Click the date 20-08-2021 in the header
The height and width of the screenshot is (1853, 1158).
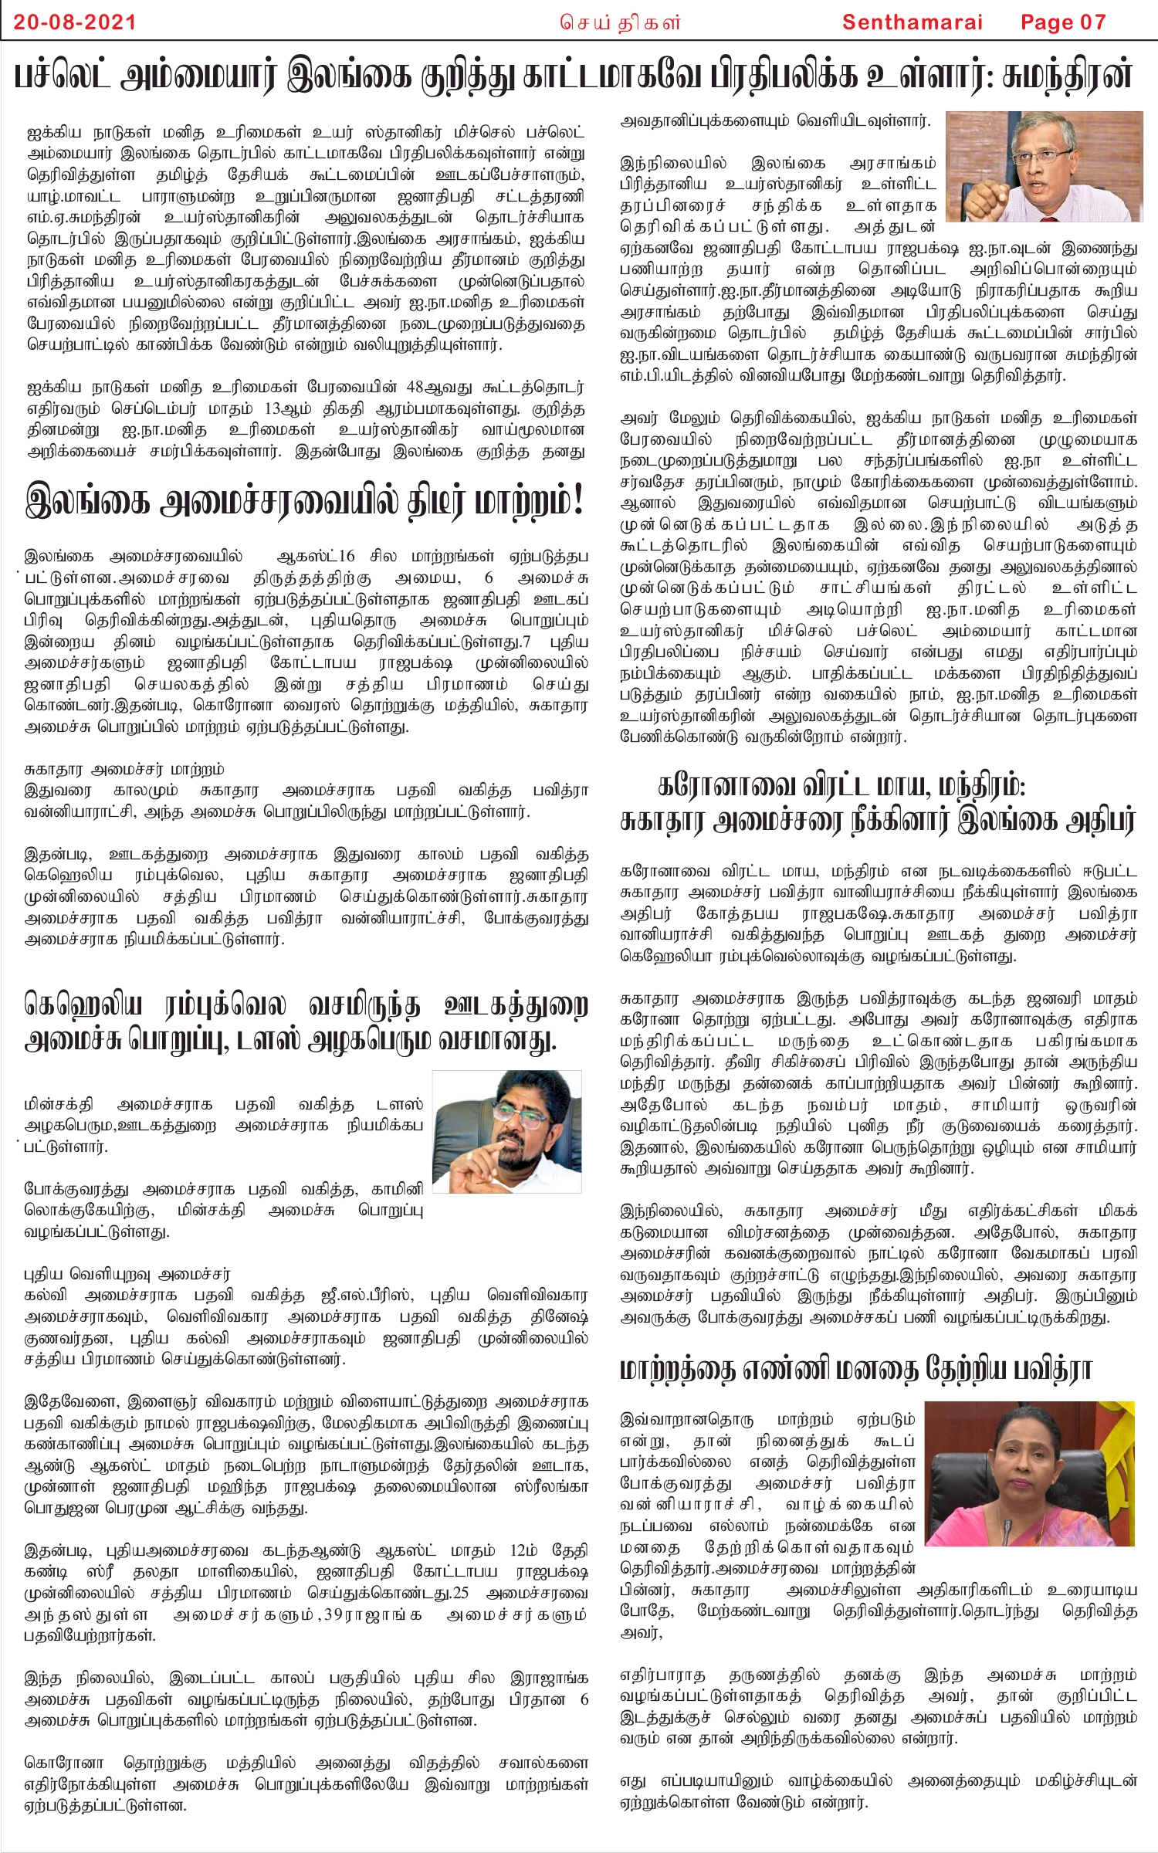(75, 22)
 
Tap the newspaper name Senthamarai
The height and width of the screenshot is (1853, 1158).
(912, 22)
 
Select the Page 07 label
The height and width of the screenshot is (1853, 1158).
(1063, 22)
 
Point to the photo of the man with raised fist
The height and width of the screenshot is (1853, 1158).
(1044, 166)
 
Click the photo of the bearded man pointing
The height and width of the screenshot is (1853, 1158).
(507, 1131)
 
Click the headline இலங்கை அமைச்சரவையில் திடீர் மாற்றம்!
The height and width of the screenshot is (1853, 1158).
(305, 501)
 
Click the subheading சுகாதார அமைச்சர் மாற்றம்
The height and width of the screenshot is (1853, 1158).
(124, 769)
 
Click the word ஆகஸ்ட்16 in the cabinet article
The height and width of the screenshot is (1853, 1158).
(316, 556)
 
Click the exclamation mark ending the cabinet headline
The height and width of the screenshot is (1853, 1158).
(576, 501)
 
